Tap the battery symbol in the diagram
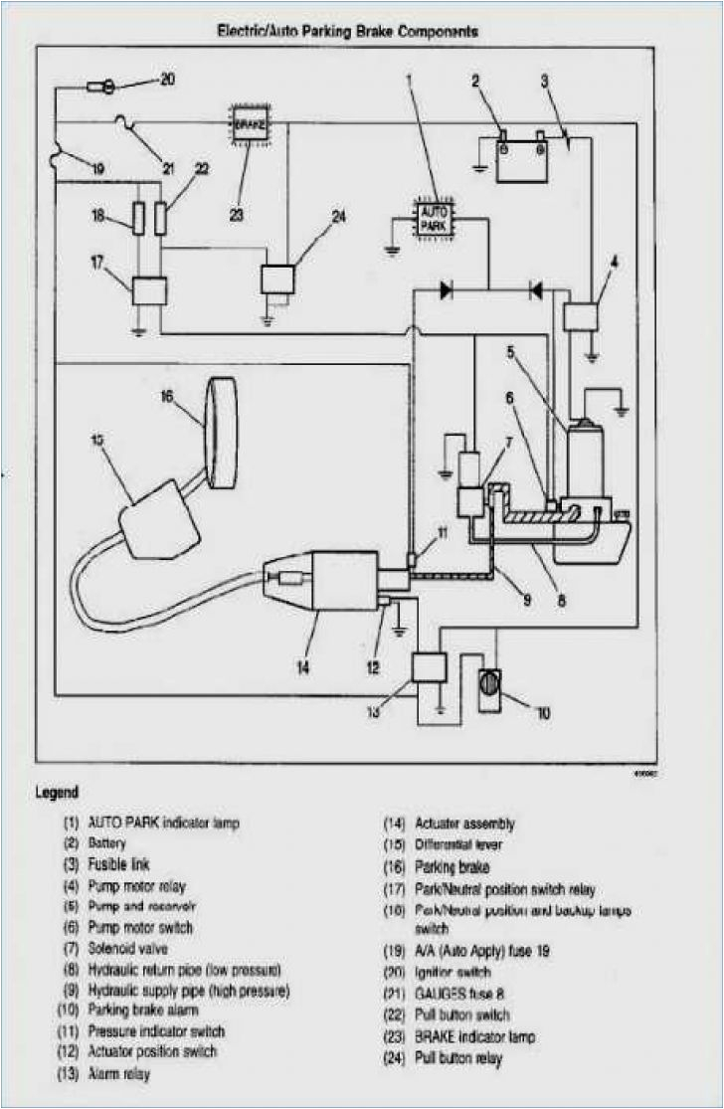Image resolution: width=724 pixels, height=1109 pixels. pos(523,158)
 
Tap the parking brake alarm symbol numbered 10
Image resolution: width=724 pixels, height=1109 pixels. pos(490,685)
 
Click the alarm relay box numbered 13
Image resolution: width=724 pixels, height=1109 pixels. pos(428,666)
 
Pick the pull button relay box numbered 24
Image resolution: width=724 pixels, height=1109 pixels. pos(277,278)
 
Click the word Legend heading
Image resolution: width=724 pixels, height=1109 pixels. pos(58,793)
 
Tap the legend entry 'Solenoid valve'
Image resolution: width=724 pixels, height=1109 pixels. pos(127,949)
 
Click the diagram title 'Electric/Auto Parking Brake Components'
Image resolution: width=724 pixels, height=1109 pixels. pos(348,32)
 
